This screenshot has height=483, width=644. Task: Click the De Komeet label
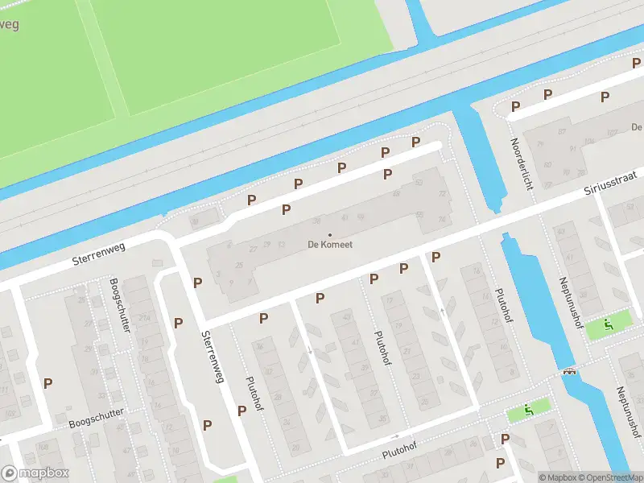click(329, 245)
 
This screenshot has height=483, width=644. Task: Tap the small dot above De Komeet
click(329, 234)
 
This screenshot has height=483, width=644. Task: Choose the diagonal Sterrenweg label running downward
click(213, 357)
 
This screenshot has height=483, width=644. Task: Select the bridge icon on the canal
click(570, 372)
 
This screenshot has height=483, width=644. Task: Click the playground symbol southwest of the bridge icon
click(529, 410)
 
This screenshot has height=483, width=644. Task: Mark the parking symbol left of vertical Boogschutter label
click(47, 384)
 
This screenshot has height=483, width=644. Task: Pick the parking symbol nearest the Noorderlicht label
click(515, 106)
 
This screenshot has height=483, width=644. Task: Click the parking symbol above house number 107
click(605, 97)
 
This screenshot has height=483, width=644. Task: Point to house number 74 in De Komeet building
click(442, 219)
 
